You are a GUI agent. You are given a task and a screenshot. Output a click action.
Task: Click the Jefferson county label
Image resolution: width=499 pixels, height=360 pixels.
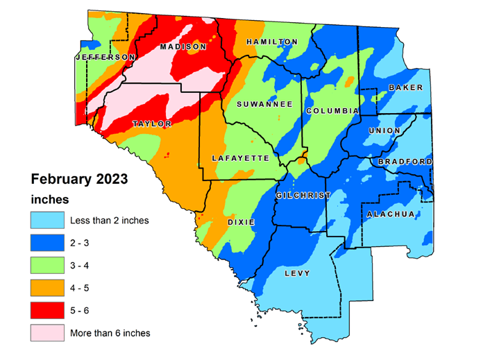pos(105,56)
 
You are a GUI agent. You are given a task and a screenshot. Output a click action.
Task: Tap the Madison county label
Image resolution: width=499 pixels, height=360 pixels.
pos(183,46)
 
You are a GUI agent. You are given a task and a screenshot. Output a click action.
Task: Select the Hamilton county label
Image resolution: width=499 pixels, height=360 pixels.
pos(272,42)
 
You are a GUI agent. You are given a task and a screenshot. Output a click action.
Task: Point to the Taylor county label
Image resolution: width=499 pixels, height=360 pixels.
pos(152,124)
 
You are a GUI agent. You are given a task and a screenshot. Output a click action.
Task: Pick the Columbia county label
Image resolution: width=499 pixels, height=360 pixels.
pos(332,111)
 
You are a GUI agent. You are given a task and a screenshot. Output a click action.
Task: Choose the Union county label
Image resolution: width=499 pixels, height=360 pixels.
pos(385,130)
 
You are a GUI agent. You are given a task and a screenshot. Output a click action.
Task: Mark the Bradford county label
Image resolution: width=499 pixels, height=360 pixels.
pos(405,162)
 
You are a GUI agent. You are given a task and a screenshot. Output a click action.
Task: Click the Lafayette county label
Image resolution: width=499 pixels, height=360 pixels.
pos(239,159)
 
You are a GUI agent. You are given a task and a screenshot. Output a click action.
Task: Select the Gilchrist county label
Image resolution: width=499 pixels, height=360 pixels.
pos(303,196)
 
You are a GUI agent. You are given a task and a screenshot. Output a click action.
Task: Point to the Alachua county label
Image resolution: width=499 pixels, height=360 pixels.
pos(391,214)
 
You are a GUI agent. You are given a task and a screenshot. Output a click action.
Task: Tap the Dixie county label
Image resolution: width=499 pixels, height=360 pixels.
pos(241,222)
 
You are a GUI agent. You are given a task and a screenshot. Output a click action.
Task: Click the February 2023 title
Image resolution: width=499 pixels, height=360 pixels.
pos(78,179)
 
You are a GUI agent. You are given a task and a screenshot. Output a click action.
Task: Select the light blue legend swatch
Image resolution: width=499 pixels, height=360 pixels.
pos(46,221)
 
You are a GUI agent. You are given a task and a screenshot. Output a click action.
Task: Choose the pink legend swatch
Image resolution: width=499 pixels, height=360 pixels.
pos(46,332)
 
